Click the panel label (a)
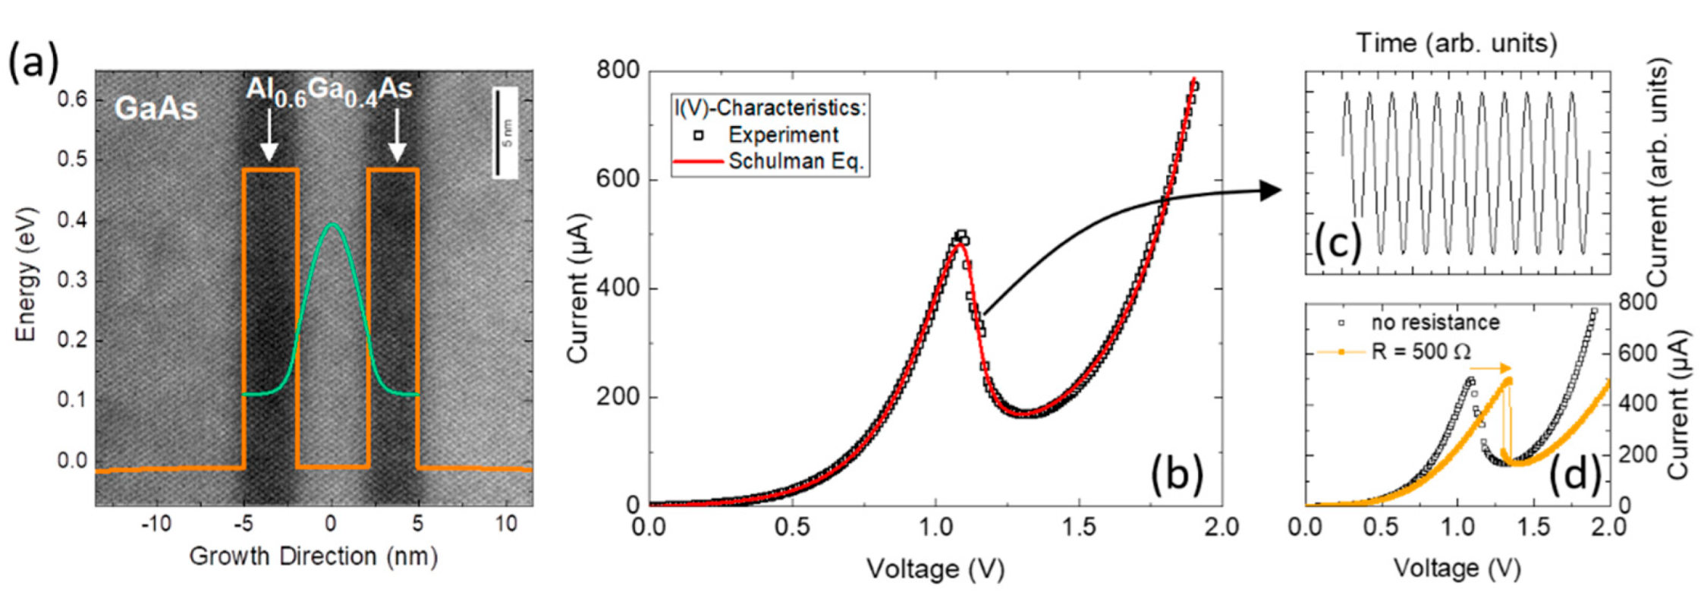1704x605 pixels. coord(33,63)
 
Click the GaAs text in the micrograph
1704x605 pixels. coord(156,109)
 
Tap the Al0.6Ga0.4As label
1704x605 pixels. coord(329,92)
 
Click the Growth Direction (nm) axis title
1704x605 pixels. coord(313,556)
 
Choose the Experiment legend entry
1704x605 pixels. coord(782,135)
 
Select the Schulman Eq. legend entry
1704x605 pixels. coord(795,162)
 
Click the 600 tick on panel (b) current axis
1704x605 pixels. coord(618,180)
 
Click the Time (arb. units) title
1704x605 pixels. coord(1456,43)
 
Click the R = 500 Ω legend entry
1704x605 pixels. coord(1420,351)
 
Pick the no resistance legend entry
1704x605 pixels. coord(1434,323)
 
